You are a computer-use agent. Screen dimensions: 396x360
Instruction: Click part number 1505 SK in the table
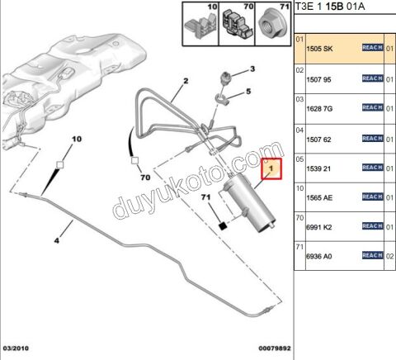tap(319, 49)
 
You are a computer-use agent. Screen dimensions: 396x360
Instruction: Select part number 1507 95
tap(318, 80)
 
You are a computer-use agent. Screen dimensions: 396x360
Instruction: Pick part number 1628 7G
tap(319, 109)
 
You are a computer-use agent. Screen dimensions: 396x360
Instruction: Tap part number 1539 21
tap(318, 168)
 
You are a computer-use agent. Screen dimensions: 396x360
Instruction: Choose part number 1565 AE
tap(319, 198)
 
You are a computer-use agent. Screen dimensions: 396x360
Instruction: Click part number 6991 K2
tap(319, 227)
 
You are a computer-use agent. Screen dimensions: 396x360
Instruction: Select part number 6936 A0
tap(319, 257)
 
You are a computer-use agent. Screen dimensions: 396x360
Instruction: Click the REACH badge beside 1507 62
tap(372, 138)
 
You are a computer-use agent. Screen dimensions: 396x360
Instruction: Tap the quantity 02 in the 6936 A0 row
tap(389, 257)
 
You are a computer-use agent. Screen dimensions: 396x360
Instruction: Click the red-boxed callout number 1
tap(271, 168)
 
